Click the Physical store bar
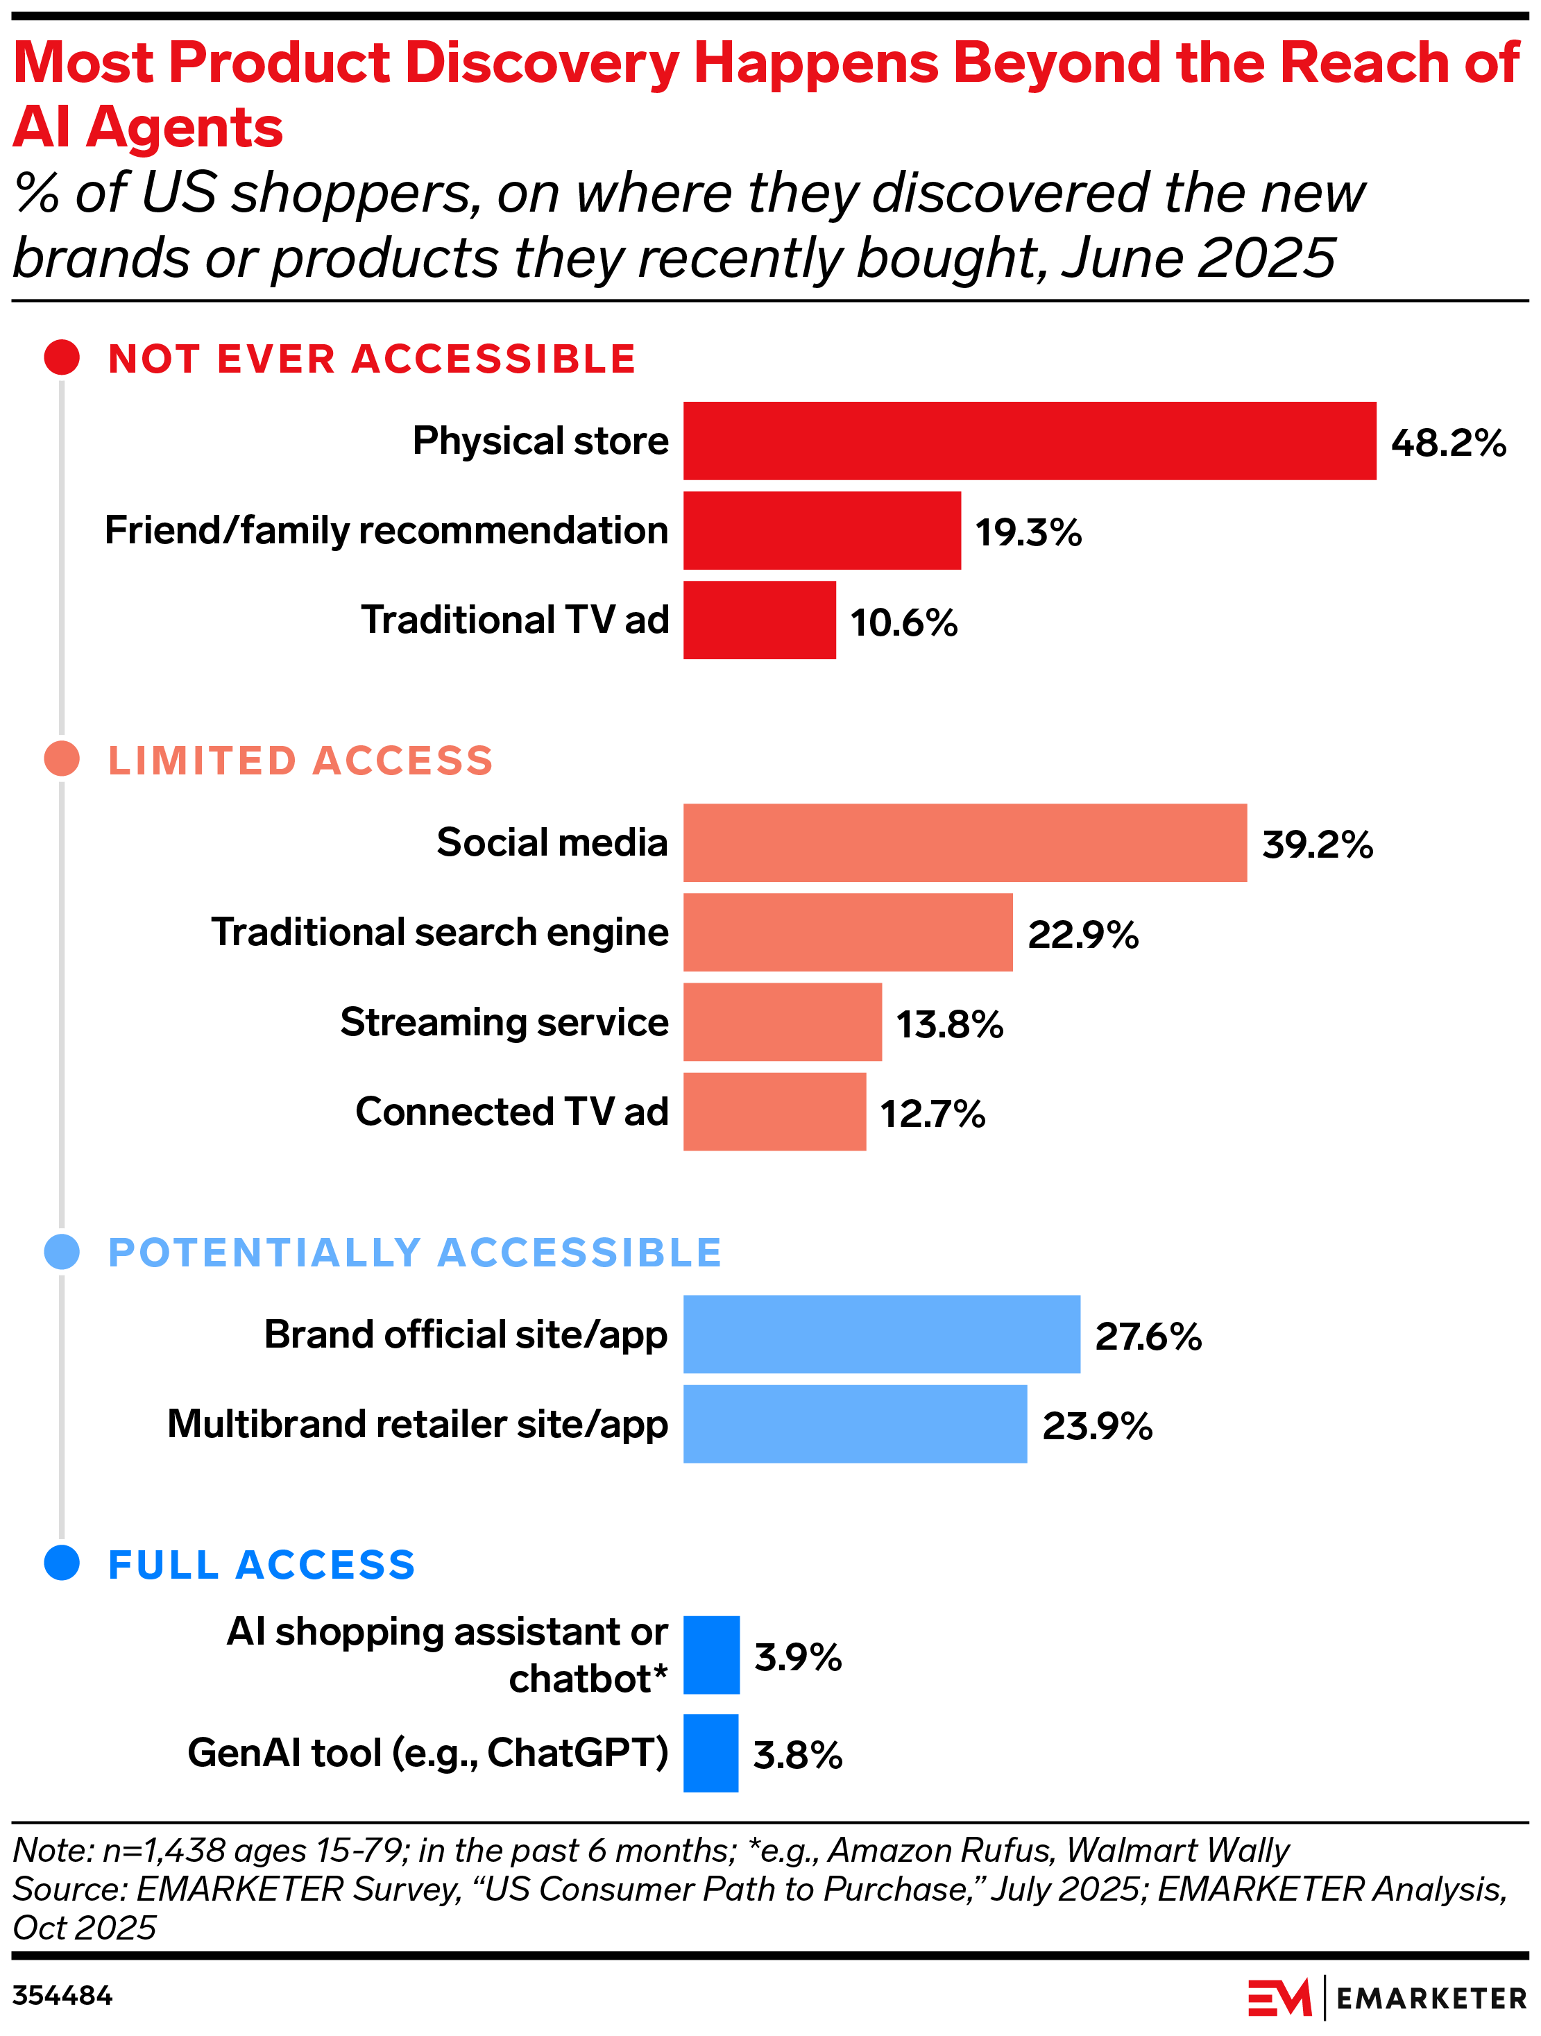1029,441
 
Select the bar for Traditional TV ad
760,620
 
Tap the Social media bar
964,843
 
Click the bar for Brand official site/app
881,1334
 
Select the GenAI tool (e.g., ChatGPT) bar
710,1754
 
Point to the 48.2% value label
1448,443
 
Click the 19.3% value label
1028,532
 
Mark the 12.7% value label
933,1114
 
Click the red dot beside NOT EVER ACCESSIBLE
62,357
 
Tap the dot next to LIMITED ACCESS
62,759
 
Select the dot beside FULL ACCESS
62,1563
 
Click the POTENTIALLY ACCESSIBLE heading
414,1253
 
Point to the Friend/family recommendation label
386,530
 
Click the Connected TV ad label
512,1112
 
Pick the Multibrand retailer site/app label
417,1424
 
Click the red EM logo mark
1279,1997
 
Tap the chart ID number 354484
62,1996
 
